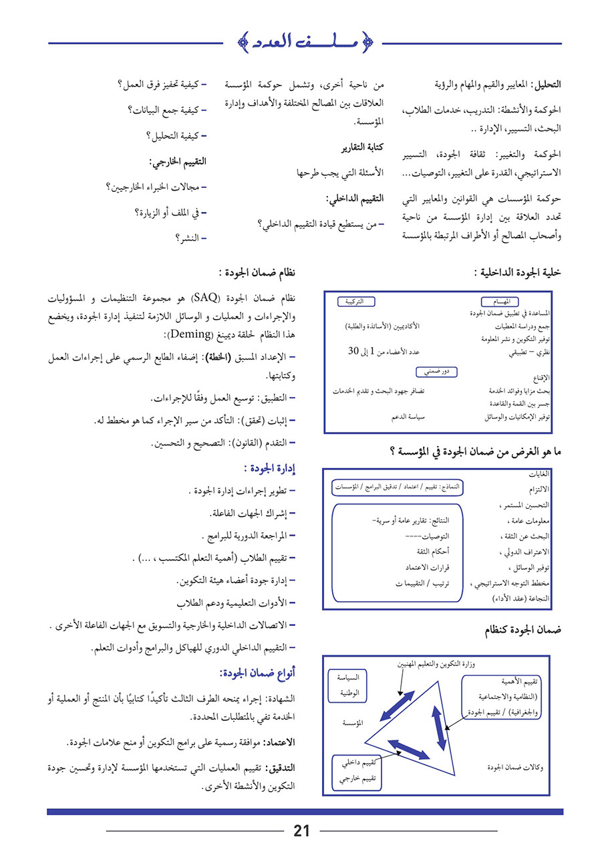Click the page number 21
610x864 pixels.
301,831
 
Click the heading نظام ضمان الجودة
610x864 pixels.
257,274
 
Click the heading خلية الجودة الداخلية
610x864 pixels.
518,273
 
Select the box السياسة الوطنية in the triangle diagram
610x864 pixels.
351,685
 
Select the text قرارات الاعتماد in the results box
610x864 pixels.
427,567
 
